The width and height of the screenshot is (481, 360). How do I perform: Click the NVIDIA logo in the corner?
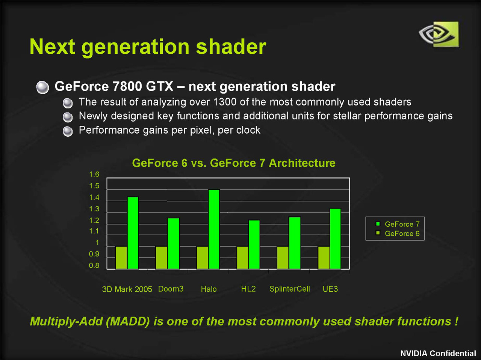439,34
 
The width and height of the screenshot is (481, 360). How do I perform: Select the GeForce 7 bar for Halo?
214,229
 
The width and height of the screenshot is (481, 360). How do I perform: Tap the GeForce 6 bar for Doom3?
162,258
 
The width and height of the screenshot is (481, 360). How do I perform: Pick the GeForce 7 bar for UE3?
335,239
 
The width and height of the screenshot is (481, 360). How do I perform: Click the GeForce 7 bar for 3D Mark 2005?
133,233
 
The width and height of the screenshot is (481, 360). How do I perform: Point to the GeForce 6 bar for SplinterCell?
283,258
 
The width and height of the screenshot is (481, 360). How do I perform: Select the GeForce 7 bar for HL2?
254,244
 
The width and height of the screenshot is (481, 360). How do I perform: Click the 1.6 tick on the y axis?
94,175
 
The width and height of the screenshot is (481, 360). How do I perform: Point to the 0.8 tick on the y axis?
94,266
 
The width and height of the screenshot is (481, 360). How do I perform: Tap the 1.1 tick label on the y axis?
94,231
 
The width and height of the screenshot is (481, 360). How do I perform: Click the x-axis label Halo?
209,289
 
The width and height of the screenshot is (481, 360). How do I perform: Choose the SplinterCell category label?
290,289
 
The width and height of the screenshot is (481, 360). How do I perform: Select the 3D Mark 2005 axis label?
127,289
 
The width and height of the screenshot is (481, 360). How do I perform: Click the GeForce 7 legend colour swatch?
378,224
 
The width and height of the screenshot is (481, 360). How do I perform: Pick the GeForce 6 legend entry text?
402,233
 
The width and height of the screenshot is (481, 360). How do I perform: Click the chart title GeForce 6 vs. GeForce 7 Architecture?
234,163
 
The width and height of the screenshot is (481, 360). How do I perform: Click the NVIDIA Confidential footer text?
438,353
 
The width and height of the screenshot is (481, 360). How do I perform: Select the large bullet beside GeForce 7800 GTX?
42,87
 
